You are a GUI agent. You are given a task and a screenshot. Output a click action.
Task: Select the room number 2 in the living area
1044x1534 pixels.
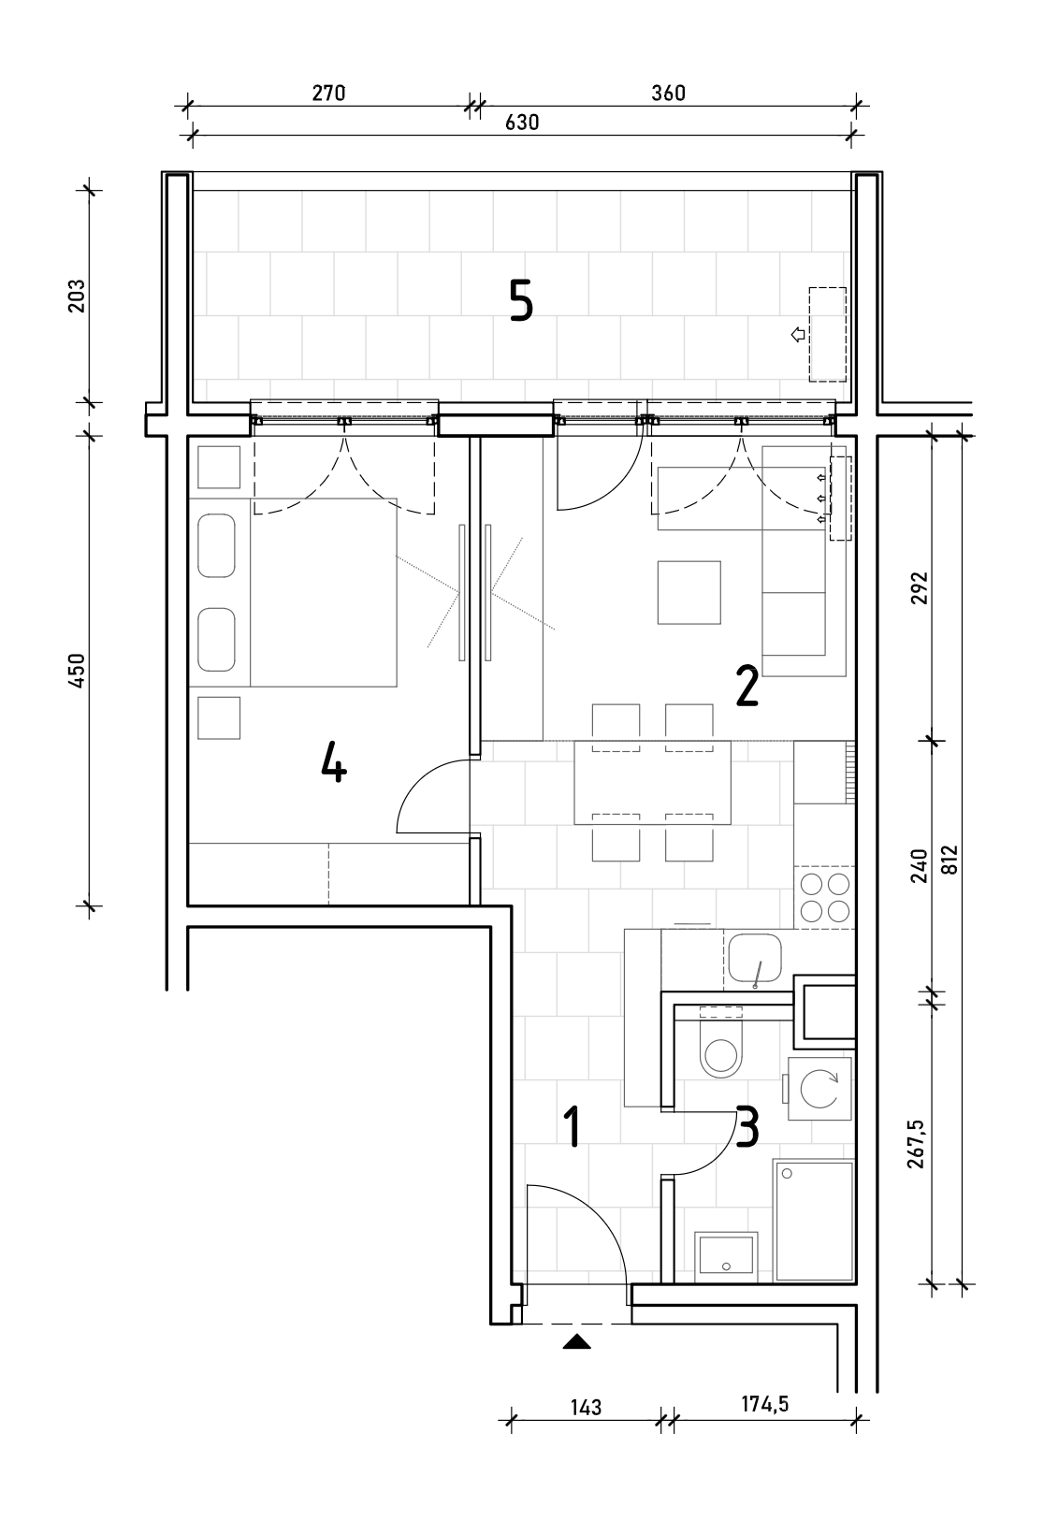[x=747, y=687]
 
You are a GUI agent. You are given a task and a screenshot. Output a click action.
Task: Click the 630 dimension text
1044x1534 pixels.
[x=522, y=123]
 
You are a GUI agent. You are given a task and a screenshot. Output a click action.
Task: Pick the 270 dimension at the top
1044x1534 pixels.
[x=328, y=94]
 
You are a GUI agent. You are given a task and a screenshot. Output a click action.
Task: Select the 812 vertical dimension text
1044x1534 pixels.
[x=950, y=860]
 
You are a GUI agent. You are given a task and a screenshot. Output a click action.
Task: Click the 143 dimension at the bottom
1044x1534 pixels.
[x=586, y=1408]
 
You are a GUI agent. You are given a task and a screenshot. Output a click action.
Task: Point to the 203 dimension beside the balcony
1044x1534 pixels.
[x=76, y=296]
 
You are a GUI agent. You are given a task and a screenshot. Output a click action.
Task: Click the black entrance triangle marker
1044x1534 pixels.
[x=577, y=1342]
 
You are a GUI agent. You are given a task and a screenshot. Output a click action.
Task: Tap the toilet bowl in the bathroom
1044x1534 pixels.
[x=720, y=1051]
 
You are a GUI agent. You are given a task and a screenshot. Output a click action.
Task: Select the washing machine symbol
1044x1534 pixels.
[x=819, y=1089]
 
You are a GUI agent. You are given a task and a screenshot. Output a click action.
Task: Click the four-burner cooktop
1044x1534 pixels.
[x=825, y=898]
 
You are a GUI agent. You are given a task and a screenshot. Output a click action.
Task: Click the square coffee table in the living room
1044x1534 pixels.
[x=689, y=592]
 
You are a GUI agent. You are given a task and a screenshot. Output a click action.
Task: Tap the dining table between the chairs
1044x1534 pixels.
[x=653, y=782]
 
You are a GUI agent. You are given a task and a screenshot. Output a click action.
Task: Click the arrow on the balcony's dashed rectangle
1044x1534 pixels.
[x=797, y=335]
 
